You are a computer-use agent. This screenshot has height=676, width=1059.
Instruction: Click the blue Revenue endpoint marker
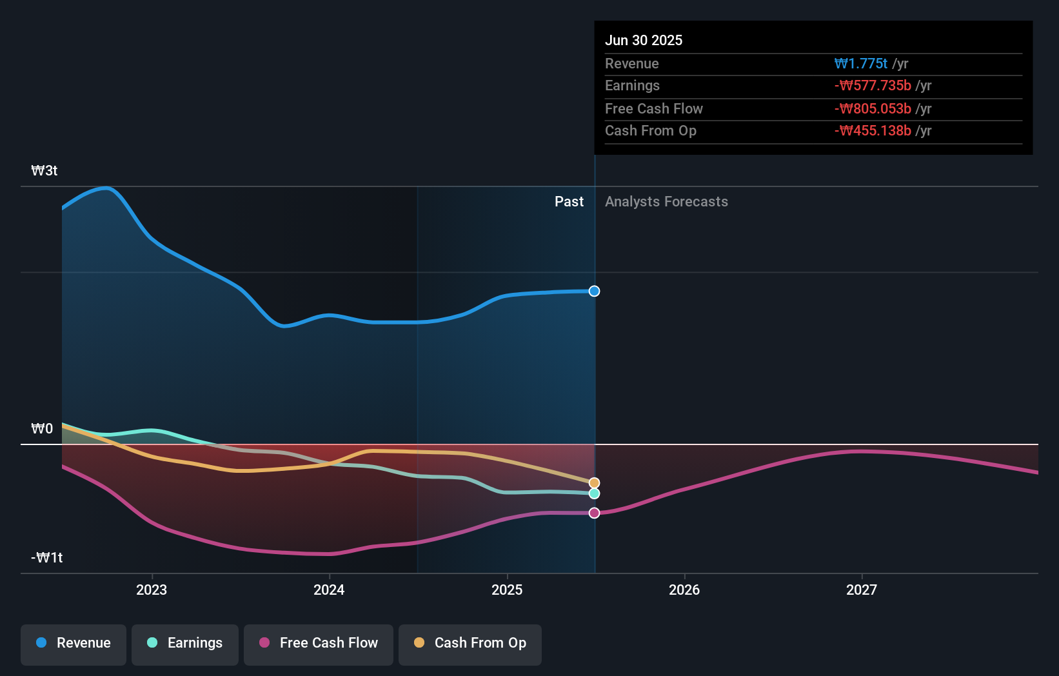tap(594, 291)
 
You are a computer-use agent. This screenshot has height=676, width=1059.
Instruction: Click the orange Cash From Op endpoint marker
tap(594, 482)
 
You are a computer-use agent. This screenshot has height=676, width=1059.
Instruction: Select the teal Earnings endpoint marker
tap(594, 493)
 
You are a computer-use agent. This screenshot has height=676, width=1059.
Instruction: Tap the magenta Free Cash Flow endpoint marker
tap(594, 513)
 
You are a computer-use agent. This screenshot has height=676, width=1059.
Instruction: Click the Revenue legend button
tap(74, 644)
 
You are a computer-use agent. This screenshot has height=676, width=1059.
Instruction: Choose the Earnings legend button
tap(185, 644)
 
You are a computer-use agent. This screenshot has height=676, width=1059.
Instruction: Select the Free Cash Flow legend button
tap(319, 644)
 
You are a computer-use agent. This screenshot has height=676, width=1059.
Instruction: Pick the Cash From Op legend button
tap(470, 644)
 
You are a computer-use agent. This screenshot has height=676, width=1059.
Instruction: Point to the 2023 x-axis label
tap(152, 590)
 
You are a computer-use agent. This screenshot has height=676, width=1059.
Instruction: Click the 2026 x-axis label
tap(684, 590)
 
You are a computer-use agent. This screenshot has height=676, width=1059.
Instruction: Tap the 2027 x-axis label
tap(862, 590)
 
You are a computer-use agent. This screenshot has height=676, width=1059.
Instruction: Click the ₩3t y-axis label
tap(45, 170)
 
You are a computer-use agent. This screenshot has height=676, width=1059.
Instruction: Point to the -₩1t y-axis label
tap(46, 557)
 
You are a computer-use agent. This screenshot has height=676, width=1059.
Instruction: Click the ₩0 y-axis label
tap(42, 428)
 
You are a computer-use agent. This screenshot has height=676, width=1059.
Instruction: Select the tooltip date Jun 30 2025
tap(643, 40)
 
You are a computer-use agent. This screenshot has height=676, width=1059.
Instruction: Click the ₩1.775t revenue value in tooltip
tap(860, 63)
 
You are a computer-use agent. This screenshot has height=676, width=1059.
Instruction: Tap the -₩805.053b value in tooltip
tap(873, 108)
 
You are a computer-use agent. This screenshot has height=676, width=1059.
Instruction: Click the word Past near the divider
tap(569, 201)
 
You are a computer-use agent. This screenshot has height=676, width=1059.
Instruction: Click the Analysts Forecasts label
tap(666, 201)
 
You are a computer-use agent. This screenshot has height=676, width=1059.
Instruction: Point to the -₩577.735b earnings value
tap(873, 85)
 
